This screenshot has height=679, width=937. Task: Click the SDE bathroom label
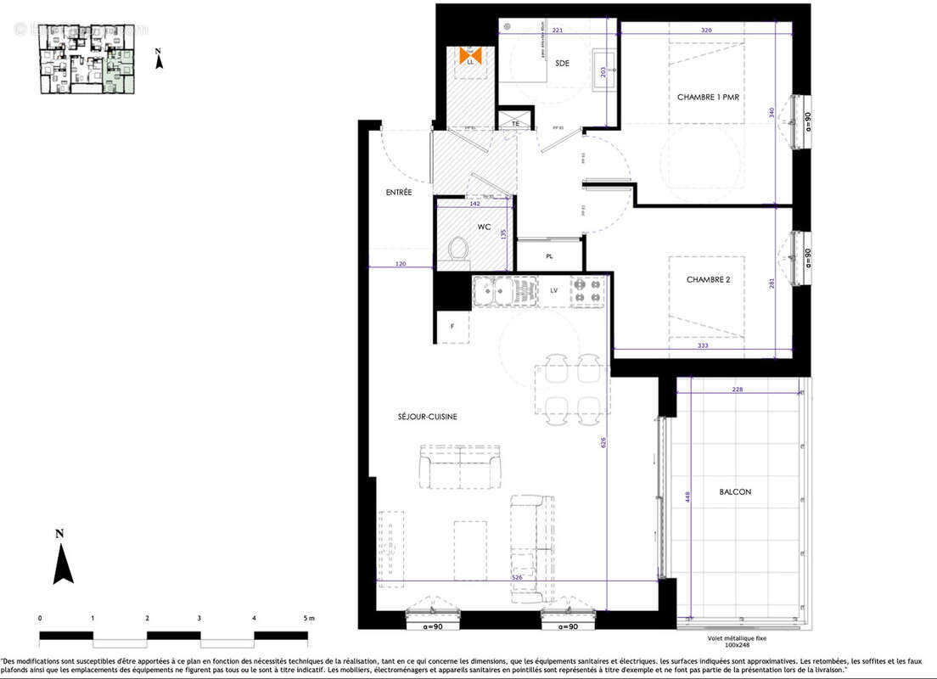562,63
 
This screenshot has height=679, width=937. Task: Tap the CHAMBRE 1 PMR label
707,98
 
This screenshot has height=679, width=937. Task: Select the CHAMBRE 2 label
708,279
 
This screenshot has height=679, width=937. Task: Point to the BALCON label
734,491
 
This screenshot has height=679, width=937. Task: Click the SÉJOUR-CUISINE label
427,416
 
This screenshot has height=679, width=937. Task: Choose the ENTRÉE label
399,193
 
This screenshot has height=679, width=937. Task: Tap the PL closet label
549,255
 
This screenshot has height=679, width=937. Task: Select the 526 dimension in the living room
516,577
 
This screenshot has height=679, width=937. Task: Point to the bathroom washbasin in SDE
605,60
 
